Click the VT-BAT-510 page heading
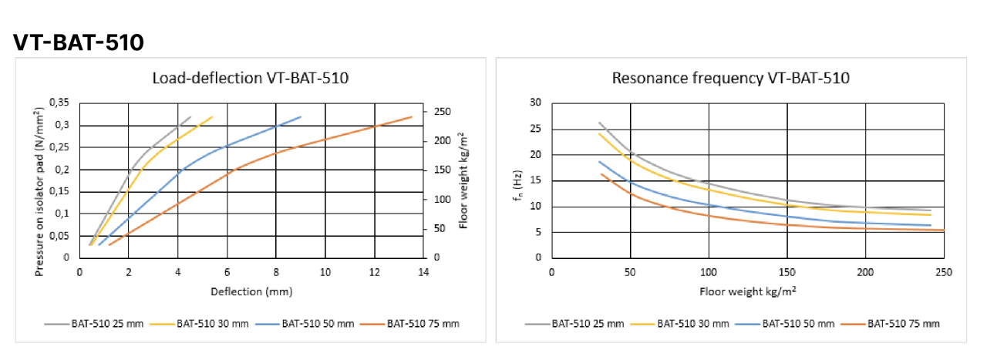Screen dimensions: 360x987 tap(79, 43)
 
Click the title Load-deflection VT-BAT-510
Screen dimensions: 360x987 tap(250, 78)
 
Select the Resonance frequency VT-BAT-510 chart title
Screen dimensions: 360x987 tap(730, 78)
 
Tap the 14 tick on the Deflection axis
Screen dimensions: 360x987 tap(423, 271)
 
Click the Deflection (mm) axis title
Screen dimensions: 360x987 tap(251, 291)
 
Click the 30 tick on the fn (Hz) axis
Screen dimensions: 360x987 tap(535, 103)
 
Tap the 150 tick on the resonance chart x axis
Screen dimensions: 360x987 tap(787, 271)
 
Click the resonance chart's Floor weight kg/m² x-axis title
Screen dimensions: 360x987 tap(747, 292)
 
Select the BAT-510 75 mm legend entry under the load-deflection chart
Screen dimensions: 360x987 tap(423, 324)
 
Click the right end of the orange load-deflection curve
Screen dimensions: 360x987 tap(412, 117)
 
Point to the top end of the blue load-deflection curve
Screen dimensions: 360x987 tap(301, 117)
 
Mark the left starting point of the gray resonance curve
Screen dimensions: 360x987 tap(599, 123)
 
